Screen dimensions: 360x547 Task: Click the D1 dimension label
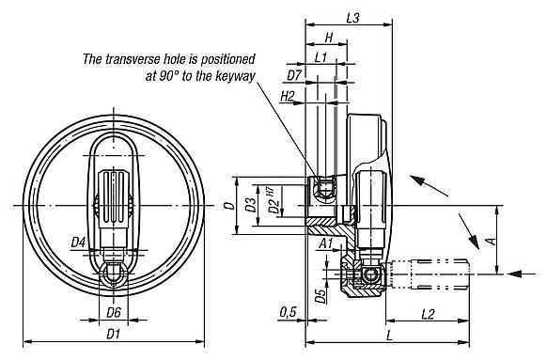[113, 334]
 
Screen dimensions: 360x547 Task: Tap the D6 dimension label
[113, 311]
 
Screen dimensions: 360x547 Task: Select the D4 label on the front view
[80, 243]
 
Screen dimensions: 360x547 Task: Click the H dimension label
[327, 39]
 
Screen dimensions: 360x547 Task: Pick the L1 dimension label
[320, 58]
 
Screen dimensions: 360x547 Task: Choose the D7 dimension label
[294, 74]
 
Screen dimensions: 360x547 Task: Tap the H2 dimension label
[288, 96]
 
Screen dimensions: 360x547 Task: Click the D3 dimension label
[251, 204]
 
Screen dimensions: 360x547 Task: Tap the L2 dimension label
[426, 311]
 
